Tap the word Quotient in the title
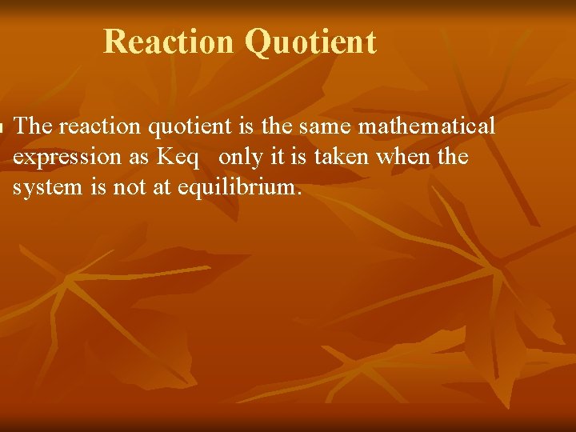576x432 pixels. coord(311,42)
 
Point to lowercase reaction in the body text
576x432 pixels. coord(96,126)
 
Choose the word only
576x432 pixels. coord(240,158)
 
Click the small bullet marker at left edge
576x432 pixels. coord(2,126)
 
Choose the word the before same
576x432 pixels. coord(274,126)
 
